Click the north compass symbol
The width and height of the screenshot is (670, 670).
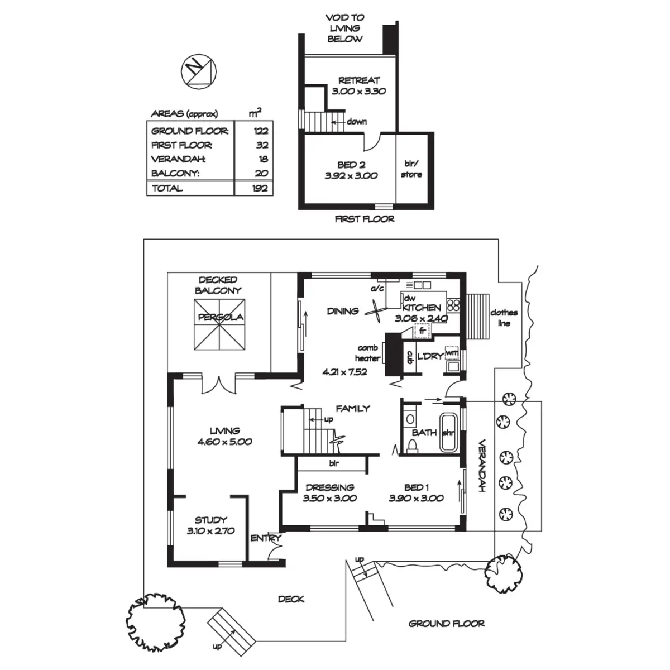(199, 71)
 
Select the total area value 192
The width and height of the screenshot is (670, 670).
(260, 188)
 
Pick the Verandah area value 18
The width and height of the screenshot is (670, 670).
(263, 159)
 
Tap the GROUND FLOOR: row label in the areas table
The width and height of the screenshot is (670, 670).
(190, 131)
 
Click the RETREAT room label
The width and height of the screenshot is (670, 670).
(359, 80)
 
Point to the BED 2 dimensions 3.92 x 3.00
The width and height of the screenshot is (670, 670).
(351, 175)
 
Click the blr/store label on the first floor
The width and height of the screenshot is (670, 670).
(411, 169)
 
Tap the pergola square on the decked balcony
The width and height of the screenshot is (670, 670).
(219, 324)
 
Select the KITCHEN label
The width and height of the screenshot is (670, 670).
(422, 307)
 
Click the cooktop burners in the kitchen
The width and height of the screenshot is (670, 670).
(453, 305)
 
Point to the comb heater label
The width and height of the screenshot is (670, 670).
(367, 353)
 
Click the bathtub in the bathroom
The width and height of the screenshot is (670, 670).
(449, 432)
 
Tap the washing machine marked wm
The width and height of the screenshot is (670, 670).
(452, 353)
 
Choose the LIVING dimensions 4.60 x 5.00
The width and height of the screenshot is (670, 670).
(224, 442)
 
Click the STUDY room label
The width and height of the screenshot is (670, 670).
(210, 520)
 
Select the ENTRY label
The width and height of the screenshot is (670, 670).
(266, 538)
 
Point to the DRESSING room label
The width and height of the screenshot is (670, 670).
(329, 487)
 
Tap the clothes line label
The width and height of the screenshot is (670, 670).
(504, 318)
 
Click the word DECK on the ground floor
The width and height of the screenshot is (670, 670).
(291, 599)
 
